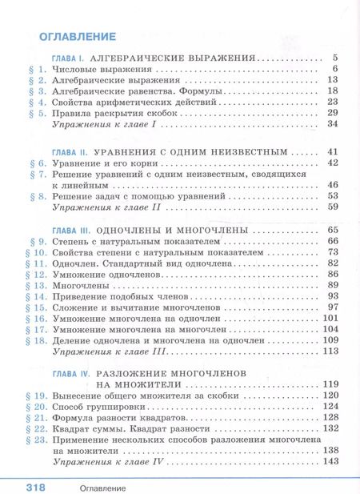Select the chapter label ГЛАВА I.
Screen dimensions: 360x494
(x=68, y=58)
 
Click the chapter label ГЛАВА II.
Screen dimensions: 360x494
(x=69, y=151)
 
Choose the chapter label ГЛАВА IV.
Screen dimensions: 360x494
(x=70, y=373)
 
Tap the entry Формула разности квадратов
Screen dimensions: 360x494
(x=118, y=418)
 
